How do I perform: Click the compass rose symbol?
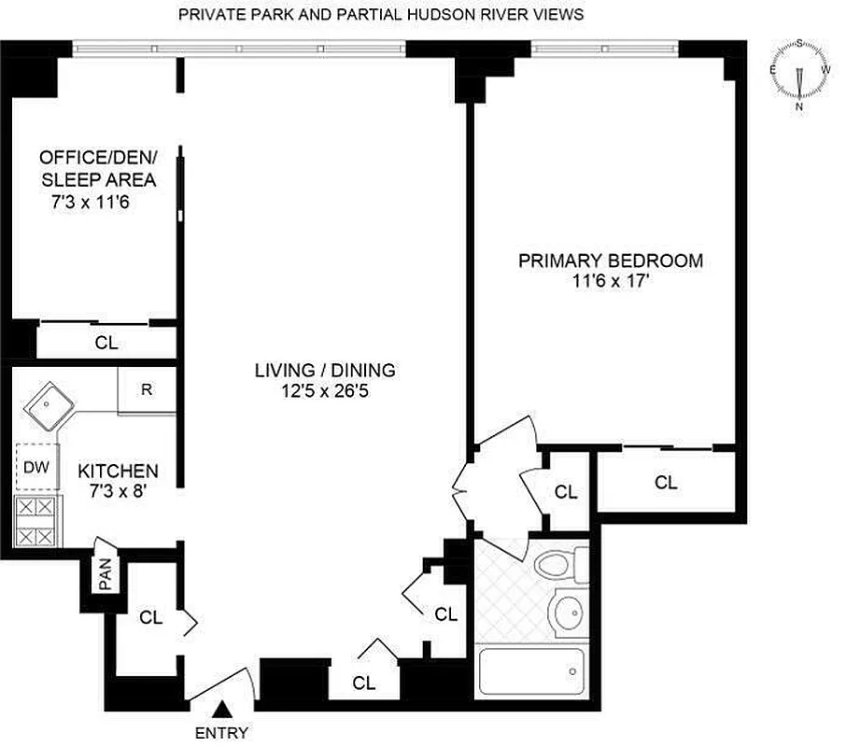(x=799, y=71)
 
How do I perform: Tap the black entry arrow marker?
(x=224, y=712)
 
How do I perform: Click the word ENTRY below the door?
(x=221, y=733)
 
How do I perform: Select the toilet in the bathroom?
(x=558, y=565)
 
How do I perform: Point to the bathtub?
(x=529, y=671)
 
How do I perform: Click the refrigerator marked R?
(x=147, y=390)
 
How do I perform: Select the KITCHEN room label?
(x=118, y=471)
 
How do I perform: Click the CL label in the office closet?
(x=106, y=343)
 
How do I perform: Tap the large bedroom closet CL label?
(x=666, y=483)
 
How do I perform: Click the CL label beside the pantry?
(x=151, y=617)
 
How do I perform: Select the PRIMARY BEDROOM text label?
(x=611, y=261)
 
